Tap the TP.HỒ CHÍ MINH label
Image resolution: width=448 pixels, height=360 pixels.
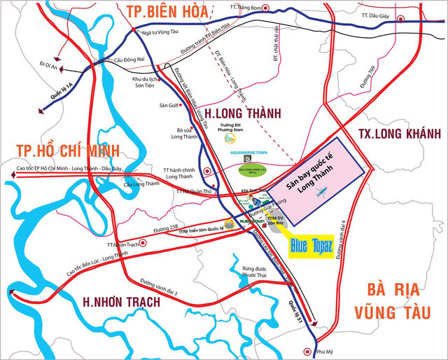pyautogui.click(x=60, y=150)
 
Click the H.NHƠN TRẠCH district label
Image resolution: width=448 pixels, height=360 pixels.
pyautogui.click(x=121, y=302)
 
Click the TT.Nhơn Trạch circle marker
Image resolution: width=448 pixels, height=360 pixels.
pyautogui.click(x=143, y=243)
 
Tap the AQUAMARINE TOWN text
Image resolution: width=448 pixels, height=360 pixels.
pyautogui.click(x=253, y=152)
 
